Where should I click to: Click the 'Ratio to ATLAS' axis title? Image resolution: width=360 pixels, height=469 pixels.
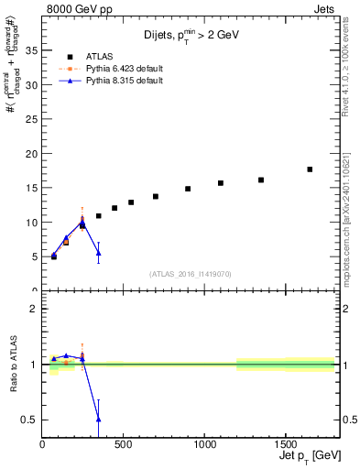click(12, 364)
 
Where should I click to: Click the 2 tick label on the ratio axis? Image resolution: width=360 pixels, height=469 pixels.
click(35, 309)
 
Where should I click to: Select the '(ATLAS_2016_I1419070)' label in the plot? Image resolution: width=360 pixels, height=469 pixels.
click(190, 273)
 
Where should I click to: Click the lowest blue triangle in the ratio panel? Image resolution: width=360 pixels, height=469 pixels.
click(98, 419)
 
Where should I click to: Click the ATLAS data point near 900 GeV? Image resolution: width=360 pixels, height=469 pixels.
click(188, 189)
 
